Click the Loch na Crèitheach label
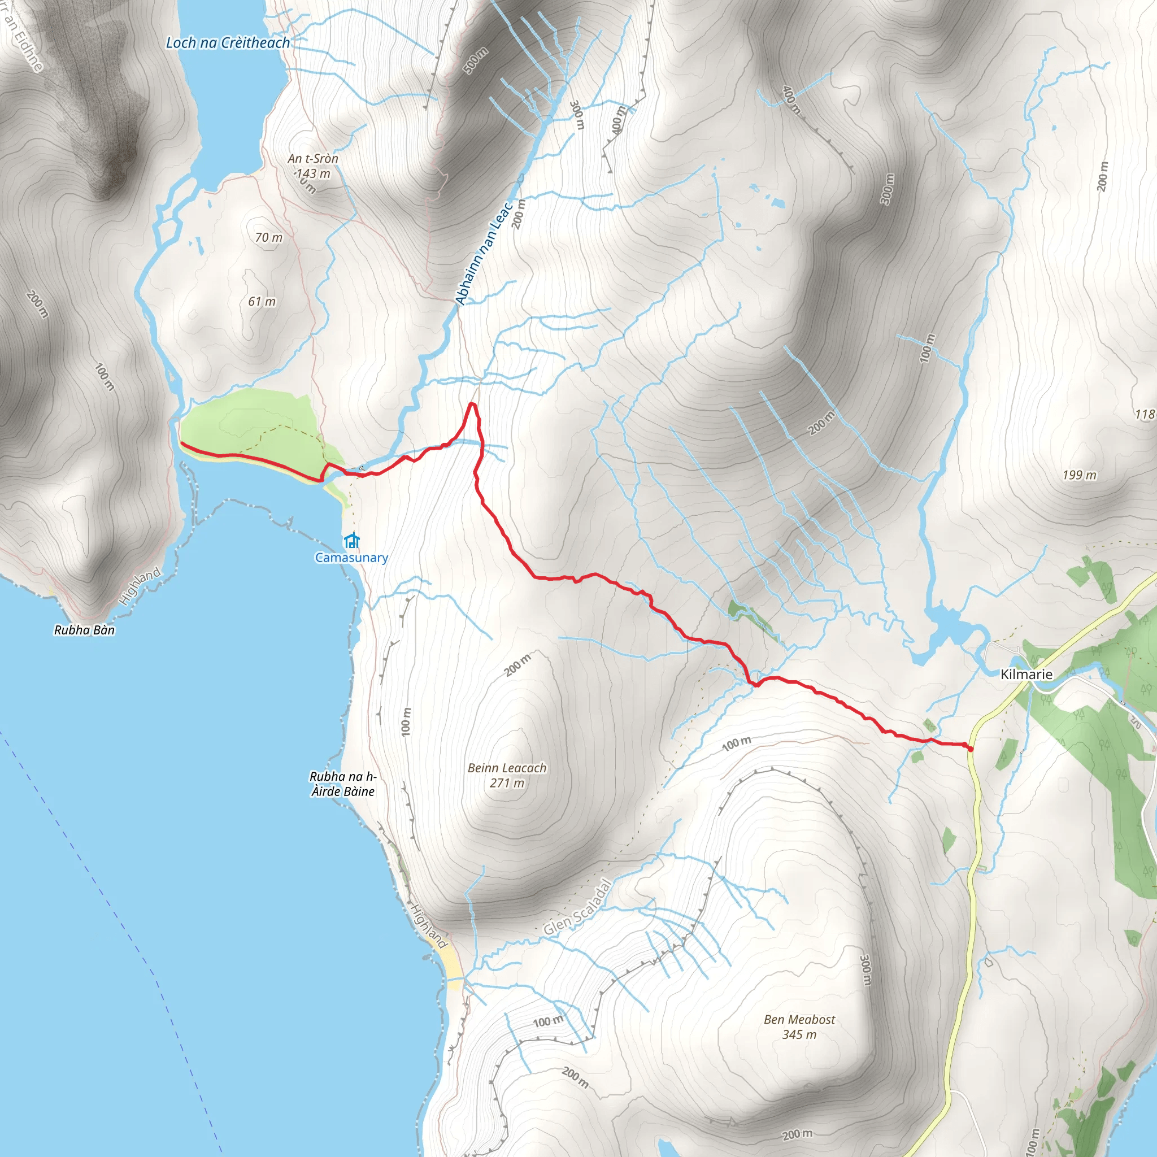pyautogui.click(x=228, y=43)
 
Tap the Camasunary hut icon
pyautogui.click(x=352, y=541)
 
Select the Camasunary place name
pyautogui.click(x=351, y=558)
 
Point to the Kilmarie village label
pyautogui.click(x=1026, y=675)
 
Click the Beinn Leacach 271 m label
pyautogui.click(x=507, y=775)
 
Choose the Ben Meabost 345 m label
pyautogui.click(x=799, y=1026)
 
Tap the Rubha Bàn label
pyautogui.click(x=84, y=630)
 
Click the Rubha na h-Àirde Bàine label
pyautogui.click(x=343, y=784)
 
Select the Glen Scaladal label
pyautogui.click(x=577, y=907)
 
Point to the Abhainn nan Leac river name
pyautogui.click(x=484, y=254)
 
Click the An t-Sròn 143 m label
pyautogui.click(x=312, y=166)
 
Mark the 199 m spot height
pyautogui.click(x=1079, y=475)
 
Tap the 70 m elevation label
pyautogui.click(x=268, y=238)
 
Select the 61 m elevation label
pyautogui.click(x=262, y=302)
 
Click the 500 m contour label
pyautogui.click(x=476, y=60)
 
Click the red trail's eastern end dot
pyautogui.click(x=970, y=749)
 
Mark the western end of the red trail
pyautogui.click(x=181, y=443)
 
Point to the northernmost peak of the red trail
pyautogui.click(x=472, y=404)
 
